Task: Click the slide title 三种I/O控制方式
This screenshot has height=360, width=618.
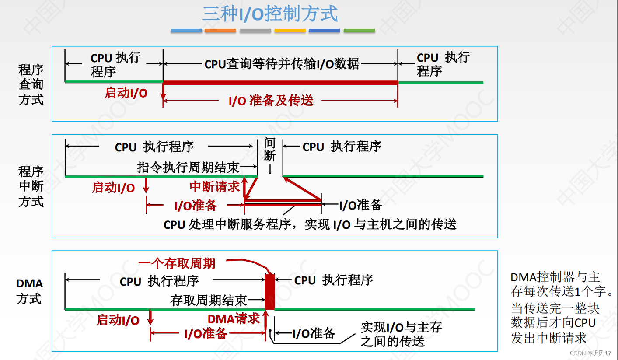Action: [x=269, y=14]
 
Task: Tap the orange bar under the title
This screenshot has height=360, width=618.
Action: [x=220, y=31]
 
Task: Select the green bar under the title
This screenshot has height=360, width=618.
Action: [x=359, y=31]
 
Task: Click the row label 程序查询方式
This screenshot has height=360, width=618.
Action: [x=31, y=84]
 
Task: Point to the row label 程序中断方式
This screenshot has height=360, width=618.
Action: [x=31, y=186]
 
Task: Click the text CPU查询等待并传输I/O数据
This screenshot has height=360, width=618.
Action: [x=282, y=64]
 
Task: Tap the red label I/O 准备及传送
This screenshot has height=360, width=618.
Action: [x=271, y=101]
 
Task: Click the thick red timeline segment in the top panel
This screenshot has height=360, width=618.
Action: [x=280, y=82]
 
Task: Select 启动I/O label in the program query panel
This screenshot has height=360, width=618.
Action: [x=126, y=93]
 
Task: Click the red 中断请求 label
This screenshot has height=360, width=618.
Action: [x=215, y=187]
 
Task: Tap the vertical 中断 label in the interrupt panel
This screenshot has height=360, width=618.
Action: [x=270, y=149]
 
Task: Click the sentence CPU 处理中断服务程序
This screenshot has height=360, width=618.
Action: [x=310, y=224]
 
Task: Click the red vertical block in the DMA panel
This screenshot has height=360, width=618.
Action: [x=270, y=291]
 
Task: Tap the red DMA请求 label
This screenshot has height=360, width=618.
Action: [x=234, y=318]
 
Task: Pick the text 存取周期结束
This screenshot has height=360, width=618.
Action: [x=209, y=300]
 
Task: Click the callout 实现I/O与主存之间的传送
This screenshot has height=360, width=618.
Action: [x=401, y=334]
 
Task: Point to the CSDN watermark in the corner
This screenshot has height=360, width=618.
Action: [x=590, y=353]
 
